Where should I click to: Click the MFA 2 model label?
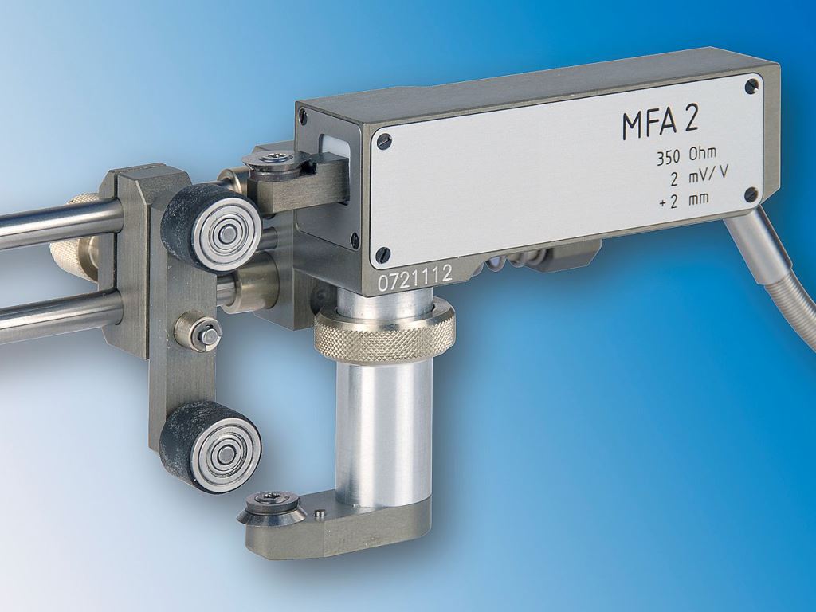click(661, 124)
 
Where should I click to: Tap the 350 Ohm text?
click(685, 156)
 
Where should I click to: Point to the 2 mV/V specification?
click(697, 178)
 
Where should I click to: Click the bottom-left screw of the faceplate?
click(382, 254)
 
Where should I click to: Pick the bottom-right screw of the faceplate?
click(751, 194)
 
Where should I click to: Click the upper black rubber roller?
click(211, 227)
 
